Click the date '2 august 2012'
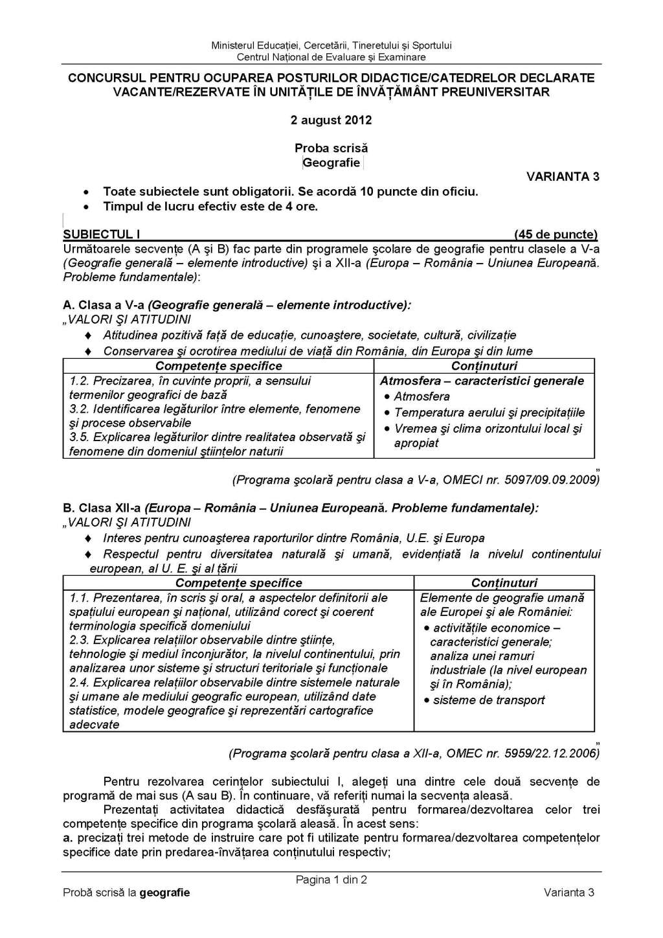coord(331,120)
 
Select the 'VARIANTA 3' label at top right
coord(562,176)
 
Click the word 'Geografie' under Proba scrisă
coord(331,163)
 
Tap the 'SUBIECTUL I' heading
coord(102,234)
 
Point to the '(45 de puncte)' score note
coord(556,234)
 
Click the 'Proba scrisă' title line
coord(331,148)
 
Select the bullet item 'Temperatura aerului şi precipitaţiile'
coord(489,413)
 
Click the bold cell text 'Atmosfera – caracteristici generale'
coord(482,381)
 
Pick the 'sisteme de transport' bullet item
coord(489,700)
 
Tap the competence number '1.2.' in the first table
coord(79,381)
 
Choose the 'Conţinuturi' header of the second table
coord(504,583)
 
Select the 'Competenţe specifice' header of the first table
coord(218,366)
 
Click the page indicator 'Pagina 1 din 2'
coord(331,880)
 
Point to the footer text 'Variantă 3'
coord(568,893)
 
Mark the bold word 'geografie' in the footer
coord(164,893)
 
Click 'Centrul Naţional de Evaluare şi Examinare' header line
coord(331,57)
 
